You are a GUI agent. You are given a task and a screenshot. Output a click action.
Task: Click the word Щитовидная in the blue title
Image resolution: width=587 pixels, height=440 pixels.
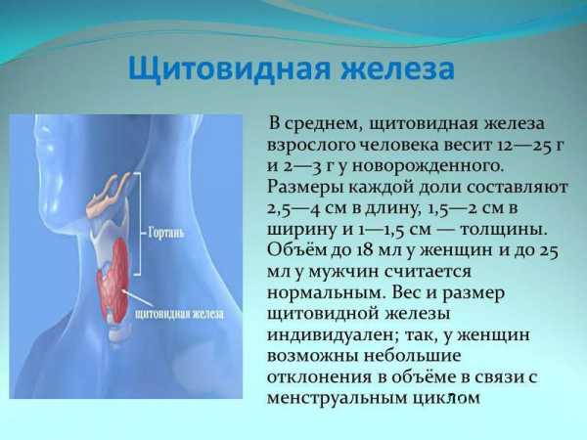coord(228,70)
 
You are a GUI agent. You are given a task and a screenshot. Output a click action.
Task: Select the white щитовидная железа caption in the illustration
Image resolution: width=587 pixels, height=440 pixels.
coord(179,314)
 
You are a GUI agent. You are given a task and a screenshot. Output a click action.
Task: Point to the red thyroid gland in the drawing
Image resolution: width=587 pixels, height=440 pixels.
coord(114,279)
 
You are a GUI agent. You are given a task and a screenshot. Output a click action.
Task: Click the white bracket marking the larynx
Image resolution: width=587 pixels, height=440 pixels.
coord(138,225)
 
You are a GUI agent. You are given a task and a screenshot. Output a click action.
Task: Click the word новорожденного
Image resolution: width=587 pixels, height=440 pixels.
coord(427,165)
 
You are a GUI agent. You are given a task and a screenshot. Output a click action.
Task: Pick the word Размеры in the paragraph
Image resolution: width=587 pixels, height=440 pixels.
coord(305,188)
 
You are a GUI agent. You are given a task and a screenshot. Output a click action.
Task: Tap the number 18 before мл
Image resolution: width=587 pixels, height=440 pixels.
coord(364,250)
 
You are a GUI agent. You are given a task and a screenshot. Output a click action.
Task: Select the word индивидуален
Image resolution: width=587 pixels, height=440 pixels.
coord(332,335)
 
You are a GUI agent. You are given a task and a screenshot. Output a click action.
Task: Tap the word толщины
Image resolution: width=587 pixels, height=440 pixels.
coord(504,230)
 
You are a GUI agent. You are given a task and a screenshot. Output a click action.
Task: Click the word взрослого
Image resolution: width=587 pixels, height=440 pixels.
coord(310,146)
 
